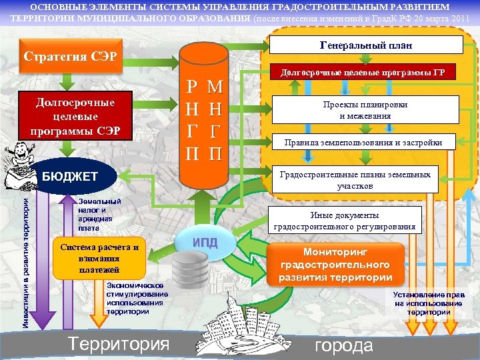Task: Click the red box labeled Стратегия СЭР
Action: coord(70,54)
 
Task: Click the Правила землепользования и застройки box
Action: coord(363,142)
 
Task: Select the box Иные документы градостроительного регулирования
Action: coord(345,221)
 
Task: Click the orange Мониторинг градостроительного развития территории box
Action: coord(335,264)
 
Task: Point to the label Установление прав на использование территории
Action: coord(429,303)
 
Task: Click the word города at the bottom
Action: coord(343,345)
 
